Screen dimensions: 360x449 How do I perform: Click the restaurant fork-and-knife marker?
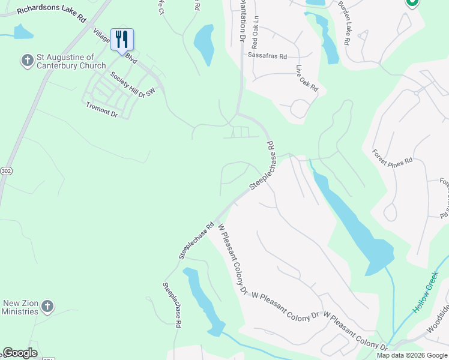tap(122, 40)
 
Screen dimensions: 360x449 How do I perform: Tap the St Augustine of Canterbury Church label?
tap(71, 61)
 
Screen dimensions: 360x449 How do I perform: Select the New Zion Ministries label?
tap(20, 307)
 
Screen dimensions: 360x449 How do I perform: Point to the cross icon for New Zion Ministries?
tap(47, 307)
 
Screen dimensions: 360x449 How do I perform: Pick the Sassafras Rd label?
tap(267, 55)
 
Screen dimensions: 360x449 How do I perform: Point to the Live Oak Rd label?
tap(306, 78)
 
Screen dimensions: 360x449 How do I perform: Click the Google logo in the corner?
tap(20, 353)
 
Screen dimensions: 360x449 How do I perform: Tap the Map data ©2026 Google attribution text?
tap(412, 355)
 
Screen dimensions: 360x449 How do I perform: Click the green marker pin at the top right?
tap(412, 3)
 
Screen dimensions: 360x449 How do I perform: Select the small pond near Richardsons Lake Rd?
tap(22, 32)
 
